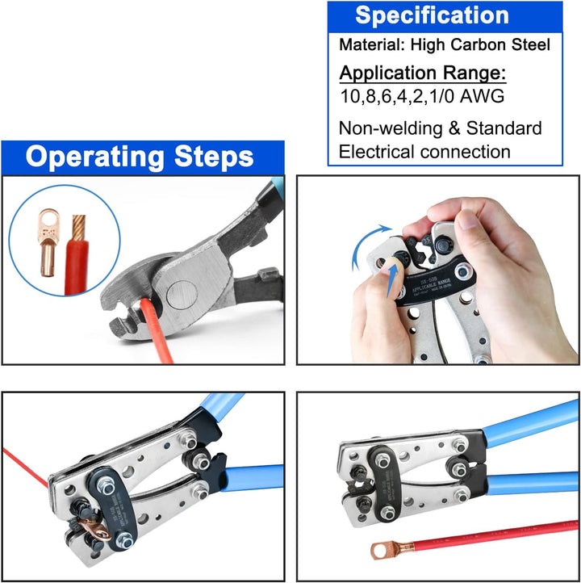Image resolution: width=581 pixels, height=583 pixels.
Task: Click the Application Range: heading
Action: [x=422, y=73]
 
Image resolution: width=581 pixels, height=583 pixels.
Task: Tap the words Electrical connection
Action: [x=424, y=152]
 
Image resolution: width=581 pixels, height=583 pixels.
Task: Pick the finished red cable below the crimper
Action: [x=484, y=536]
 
